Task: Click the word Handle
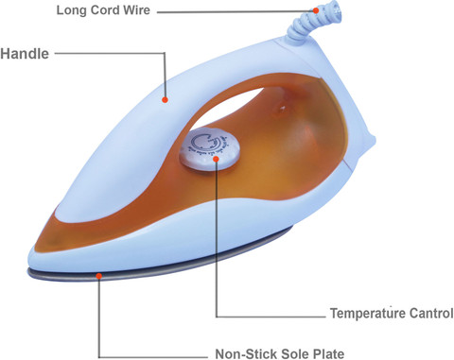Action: pos(25,54)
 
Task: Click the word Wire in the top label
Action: pos(136,10)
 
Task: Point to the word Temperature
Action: pos(367,314)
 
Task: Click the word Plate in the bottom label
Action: pos(328,353)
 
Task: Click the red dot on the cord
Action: pos(316,10)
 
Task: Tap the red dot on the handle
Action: pos(165,100)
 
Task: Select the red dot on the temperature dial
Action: pos(216,159)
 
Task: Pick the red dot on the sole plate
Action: pos(99,276)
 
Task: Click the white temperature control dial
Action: pos(209,148)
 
